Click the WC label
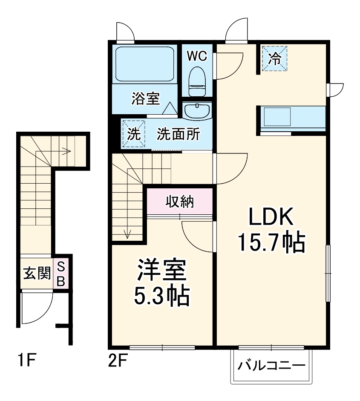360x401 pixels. point(197,56)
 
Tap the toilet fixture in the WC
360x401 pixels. point(197,81)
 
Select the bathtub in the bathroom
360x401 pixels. point(145,64)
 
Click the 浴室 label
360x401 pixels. point(146,98)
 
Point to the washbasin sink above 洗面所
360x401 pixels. point(197,111)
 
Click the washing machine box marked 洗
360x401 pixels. point(134,134)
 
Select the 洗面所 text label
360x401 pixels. point(178,134)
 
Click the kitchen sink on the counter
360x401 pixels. point(277,117)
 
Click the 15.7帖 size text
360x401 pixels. point(271,242)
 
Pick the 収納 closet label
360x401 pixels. point(180,202)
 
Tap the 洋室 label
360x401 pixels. point(161,270)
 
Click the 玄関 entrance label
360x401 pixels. point(37,273)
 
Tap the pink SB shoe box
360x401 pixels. point(61,274)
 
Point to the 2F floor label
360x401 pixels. point(118,359)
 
